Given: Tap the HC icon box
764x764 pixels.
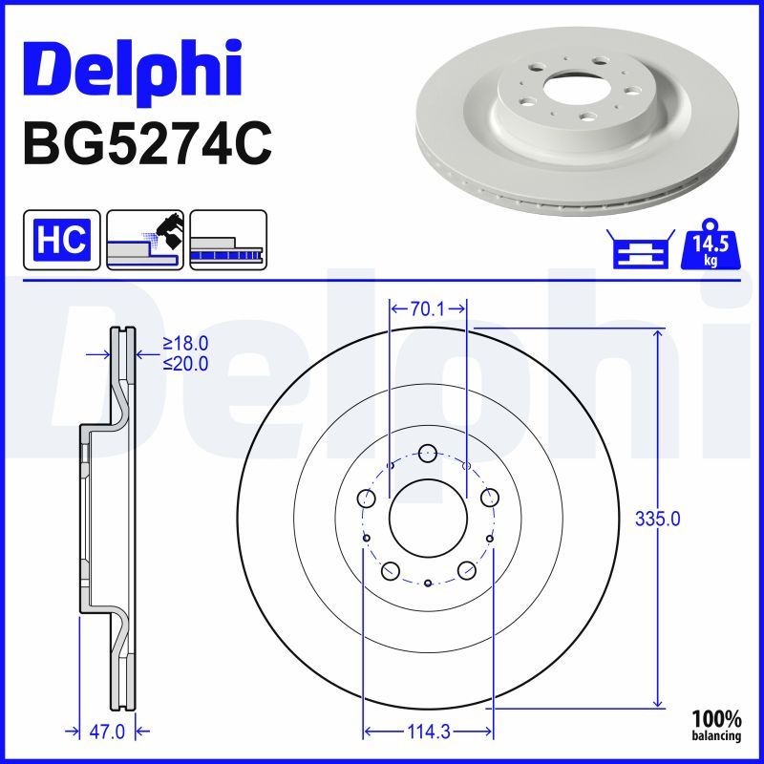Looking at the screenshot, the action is [x=62, y=240].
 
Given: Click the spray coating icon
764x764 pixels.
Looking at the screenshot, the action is [x=145, y=240].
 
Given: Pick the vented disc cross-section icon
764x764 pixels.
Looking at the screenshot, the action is [x=228, y=240].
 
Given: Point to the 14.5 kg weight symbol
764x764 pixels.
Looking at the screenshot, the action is [x=711, y=245].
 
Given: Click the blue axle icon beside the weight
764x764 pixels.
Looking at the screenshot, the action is [x=641, y=248].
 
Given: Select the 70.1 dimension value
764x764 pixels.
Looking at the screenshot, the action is [x=427, y=308].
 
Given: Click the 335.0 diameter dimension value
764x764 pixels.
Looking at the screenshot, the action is [x=657, y=519].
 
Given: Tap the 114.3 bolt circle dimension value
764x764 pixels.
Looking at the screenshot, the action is [x=428, y=732].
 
